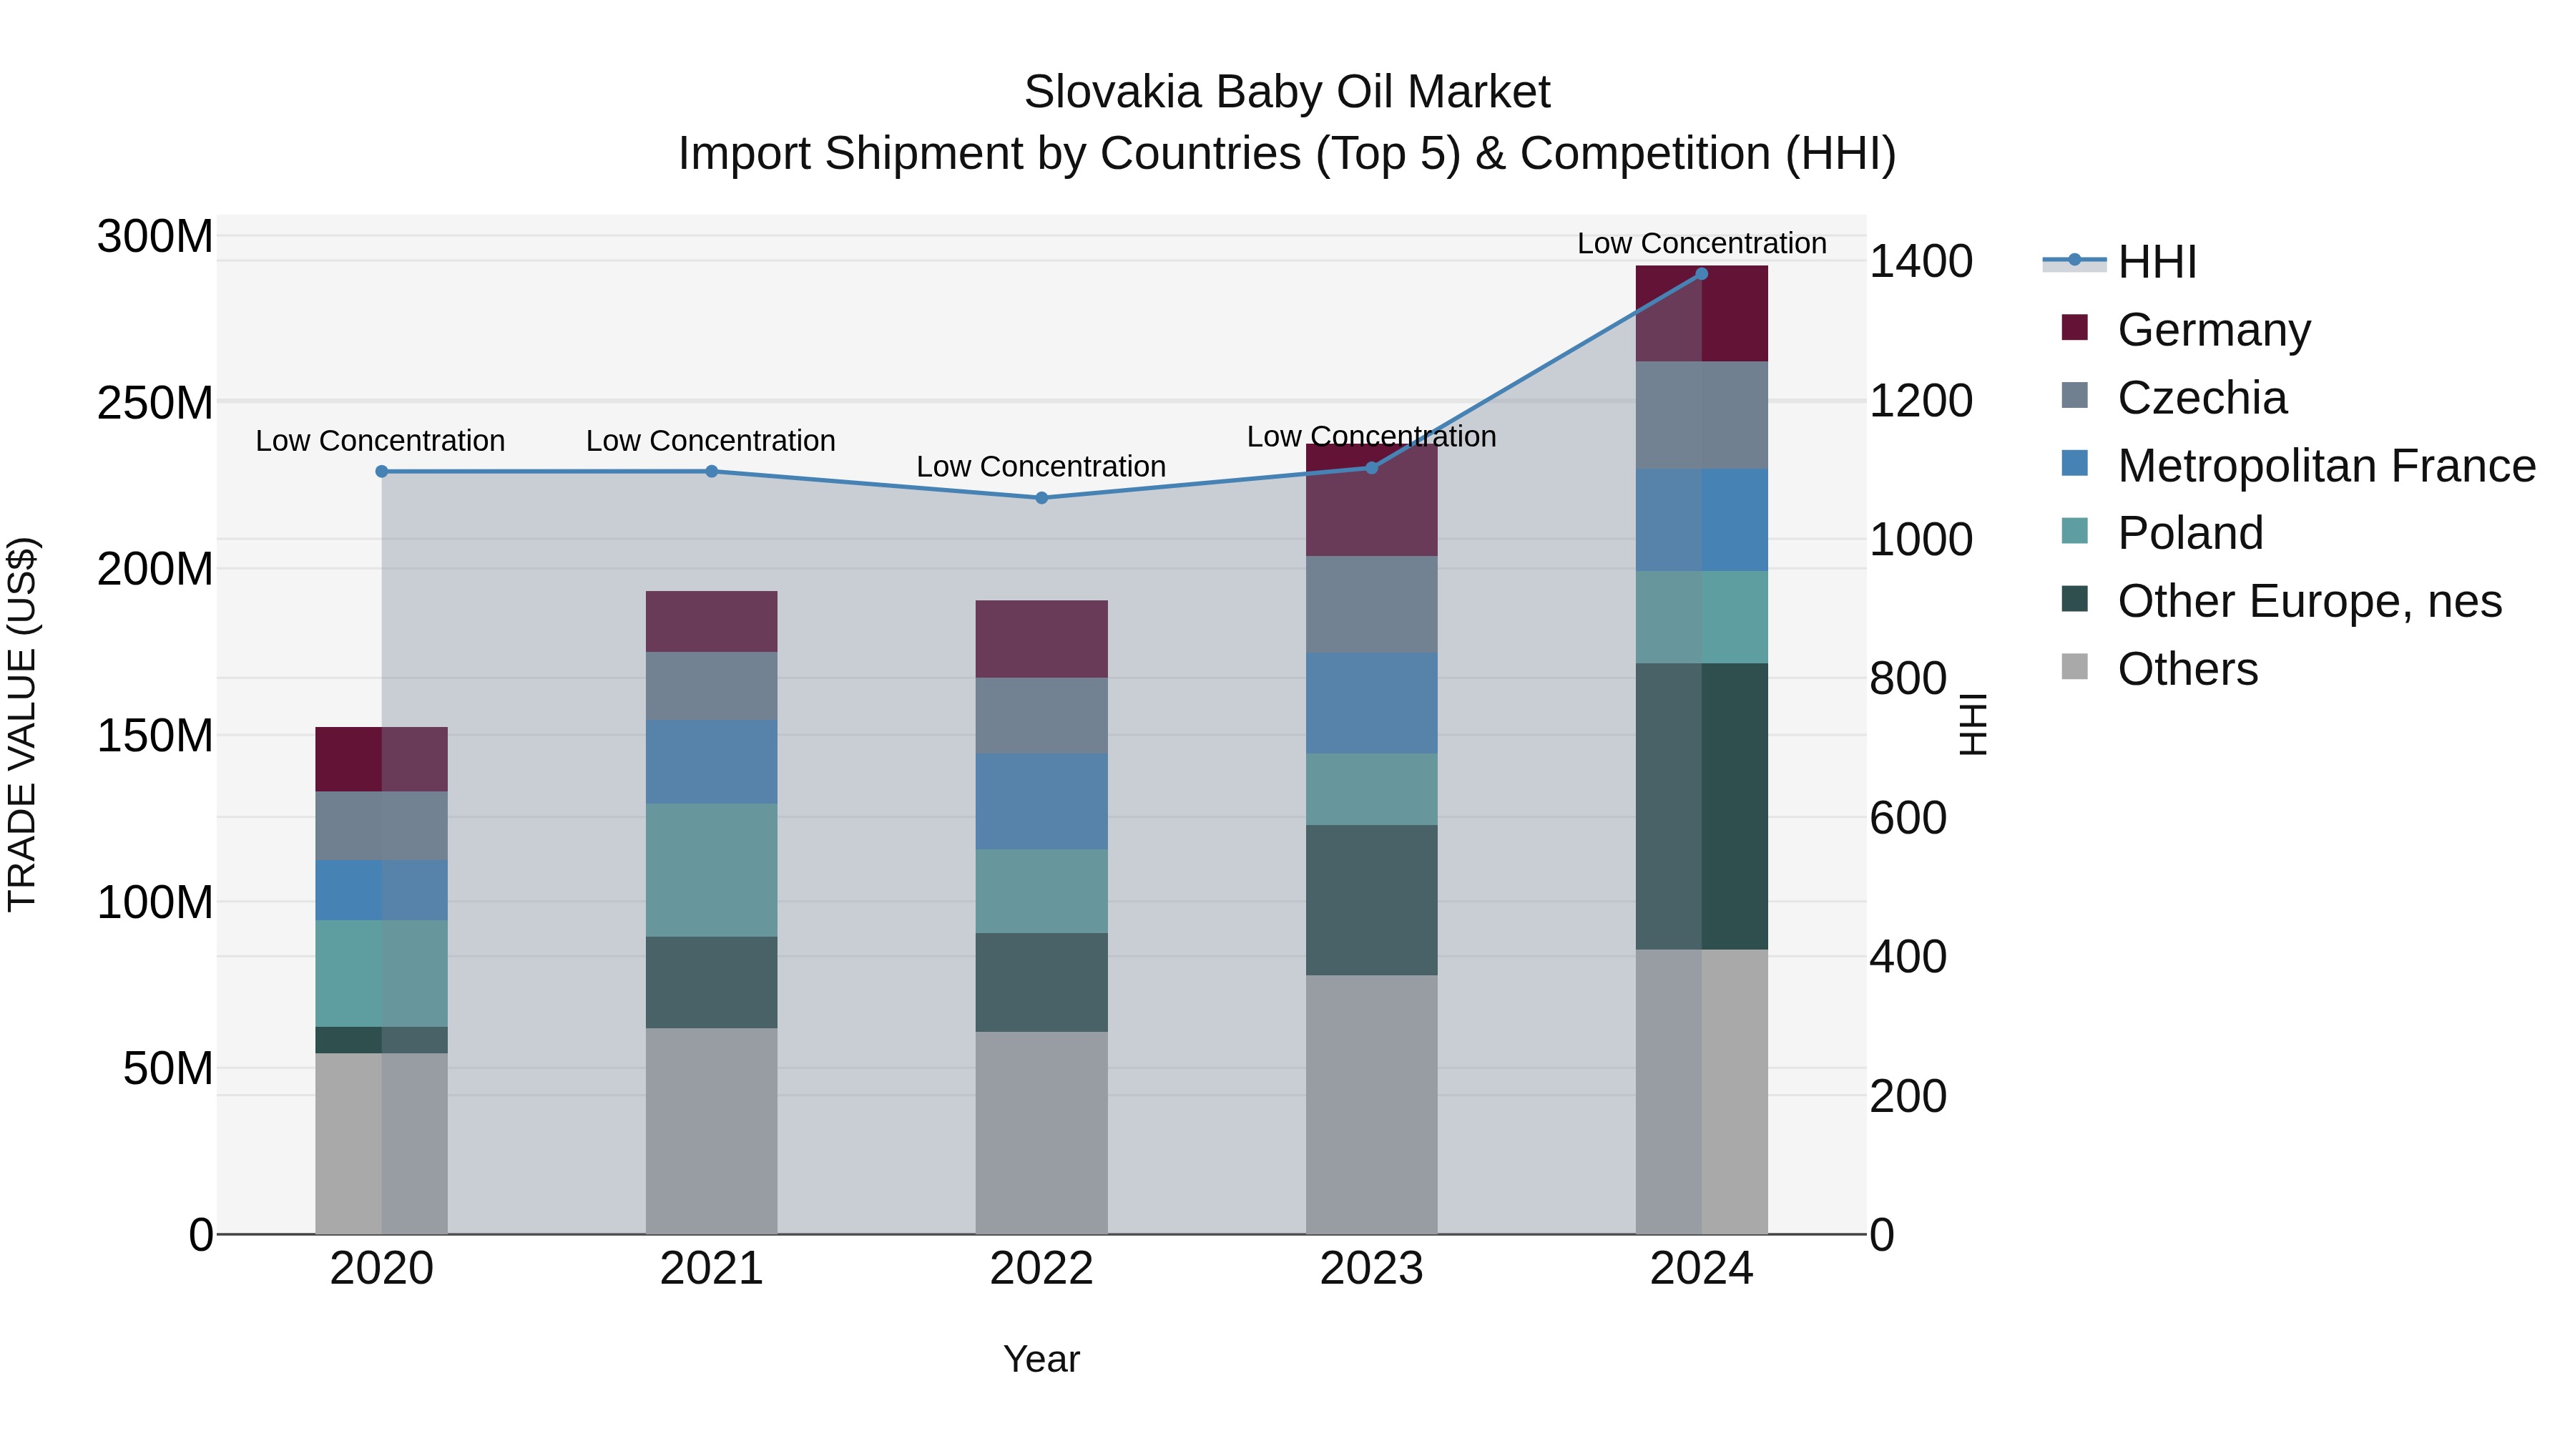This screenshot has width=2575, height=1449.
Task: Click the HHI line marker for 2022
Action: (1041, 497)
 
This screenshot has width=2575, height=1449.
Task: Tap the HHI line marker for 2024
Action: (1702, 274)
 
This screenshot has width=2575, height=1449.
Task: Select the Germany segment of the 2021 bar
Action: (711, 621)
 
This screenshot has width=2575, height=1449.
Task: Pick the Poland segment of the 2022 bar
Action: (1041, 891)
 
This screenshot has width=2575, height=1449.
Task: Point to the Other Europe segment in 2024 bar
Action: (1702, 806)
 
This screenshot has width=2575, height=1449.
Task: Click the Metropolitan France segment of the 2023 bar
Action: (1370, 703)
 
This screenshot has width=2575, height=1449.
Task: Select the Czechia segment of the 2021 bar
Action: (711, 686)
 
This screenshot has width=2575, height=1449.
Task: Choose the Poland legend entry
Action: (2189, 533)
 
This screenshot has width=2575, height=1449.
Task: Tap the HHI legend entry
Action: (2156, 262)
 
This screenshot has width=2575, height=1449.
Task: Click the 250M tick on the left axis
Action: (155, 403)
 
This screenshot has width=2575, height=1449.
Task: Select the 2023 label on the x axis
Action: (1370, 1269)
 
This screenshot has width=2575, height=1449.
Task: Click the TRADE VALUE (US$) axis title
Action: (23, 724)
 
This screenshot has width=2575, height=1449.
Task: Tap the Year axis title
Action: (1041, 1359)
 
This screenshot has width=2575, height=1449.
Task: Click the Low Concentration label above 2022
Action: (1041, 467)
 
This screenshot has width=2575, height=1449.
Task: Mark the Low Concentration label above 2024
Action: (1702, 243)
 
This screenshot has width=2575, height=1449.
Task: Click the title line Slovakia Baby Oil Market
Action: (1287, 92)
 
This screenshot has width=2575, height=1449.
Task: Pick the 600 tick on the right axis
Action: (1907, 818)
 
